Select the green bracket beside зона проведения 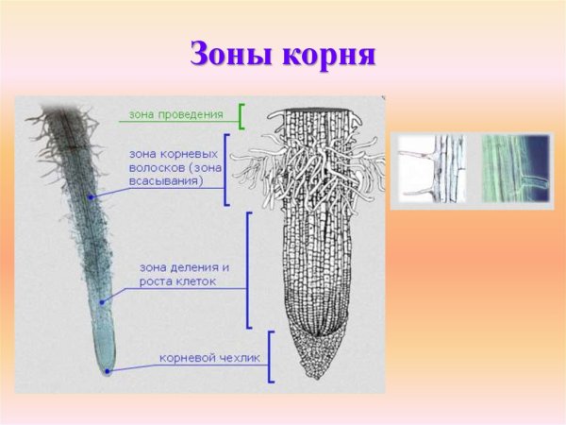pyautogui.click(x=241, y=116)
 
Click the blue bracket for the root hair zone pyautogui.click(x=227, y=169)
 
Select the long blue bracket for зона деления pyautogui.click(x=248, y=269)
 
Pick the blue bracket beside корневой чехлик pyautogui.click(x=270, y=356)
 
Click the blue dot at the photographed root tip pyautogui.click(x=108, y=371)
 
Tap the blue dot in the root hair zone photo pyautogui.click(x=91, y=196)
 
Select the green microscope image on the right pyautogui.click(x=515, y=169)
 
